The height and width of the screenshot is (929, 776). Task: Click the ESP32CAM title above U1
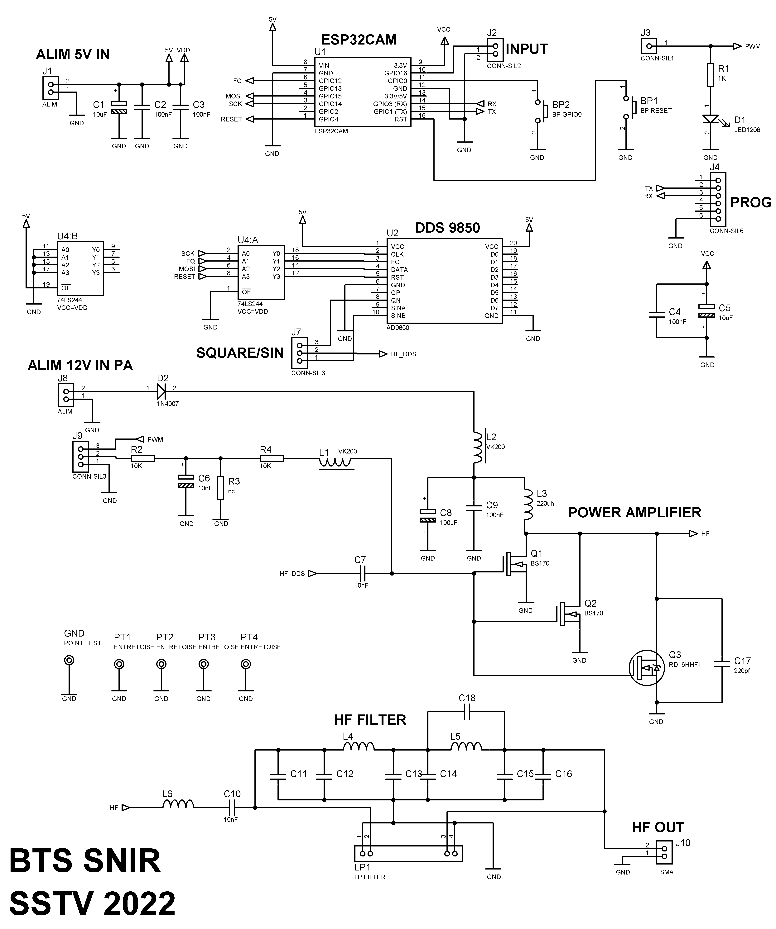tap(359, 40)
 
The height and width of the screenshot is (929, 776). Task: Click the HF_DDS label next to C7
tap(292, 574)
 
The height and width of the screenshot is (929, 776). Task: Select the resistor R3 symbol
tap(220, 488)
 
